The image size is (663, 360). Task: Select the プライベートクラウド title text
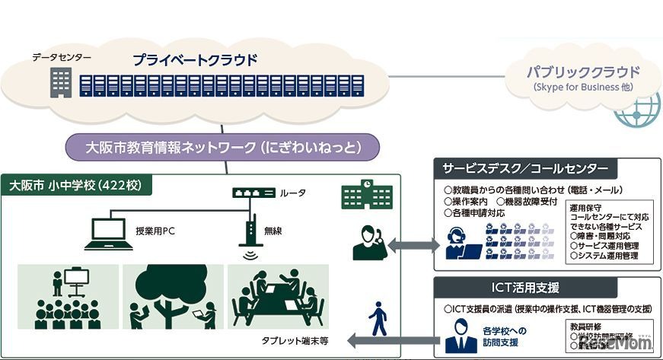(195, 59)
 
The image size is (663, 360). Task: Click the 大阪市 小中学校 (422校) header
(81, 185)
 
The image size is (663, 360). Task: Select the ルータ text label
(294, 193)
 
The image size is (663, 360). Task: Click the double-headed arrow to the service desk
(415, 245)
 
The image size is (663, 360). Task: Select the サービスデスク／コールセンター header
(524, 168)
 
